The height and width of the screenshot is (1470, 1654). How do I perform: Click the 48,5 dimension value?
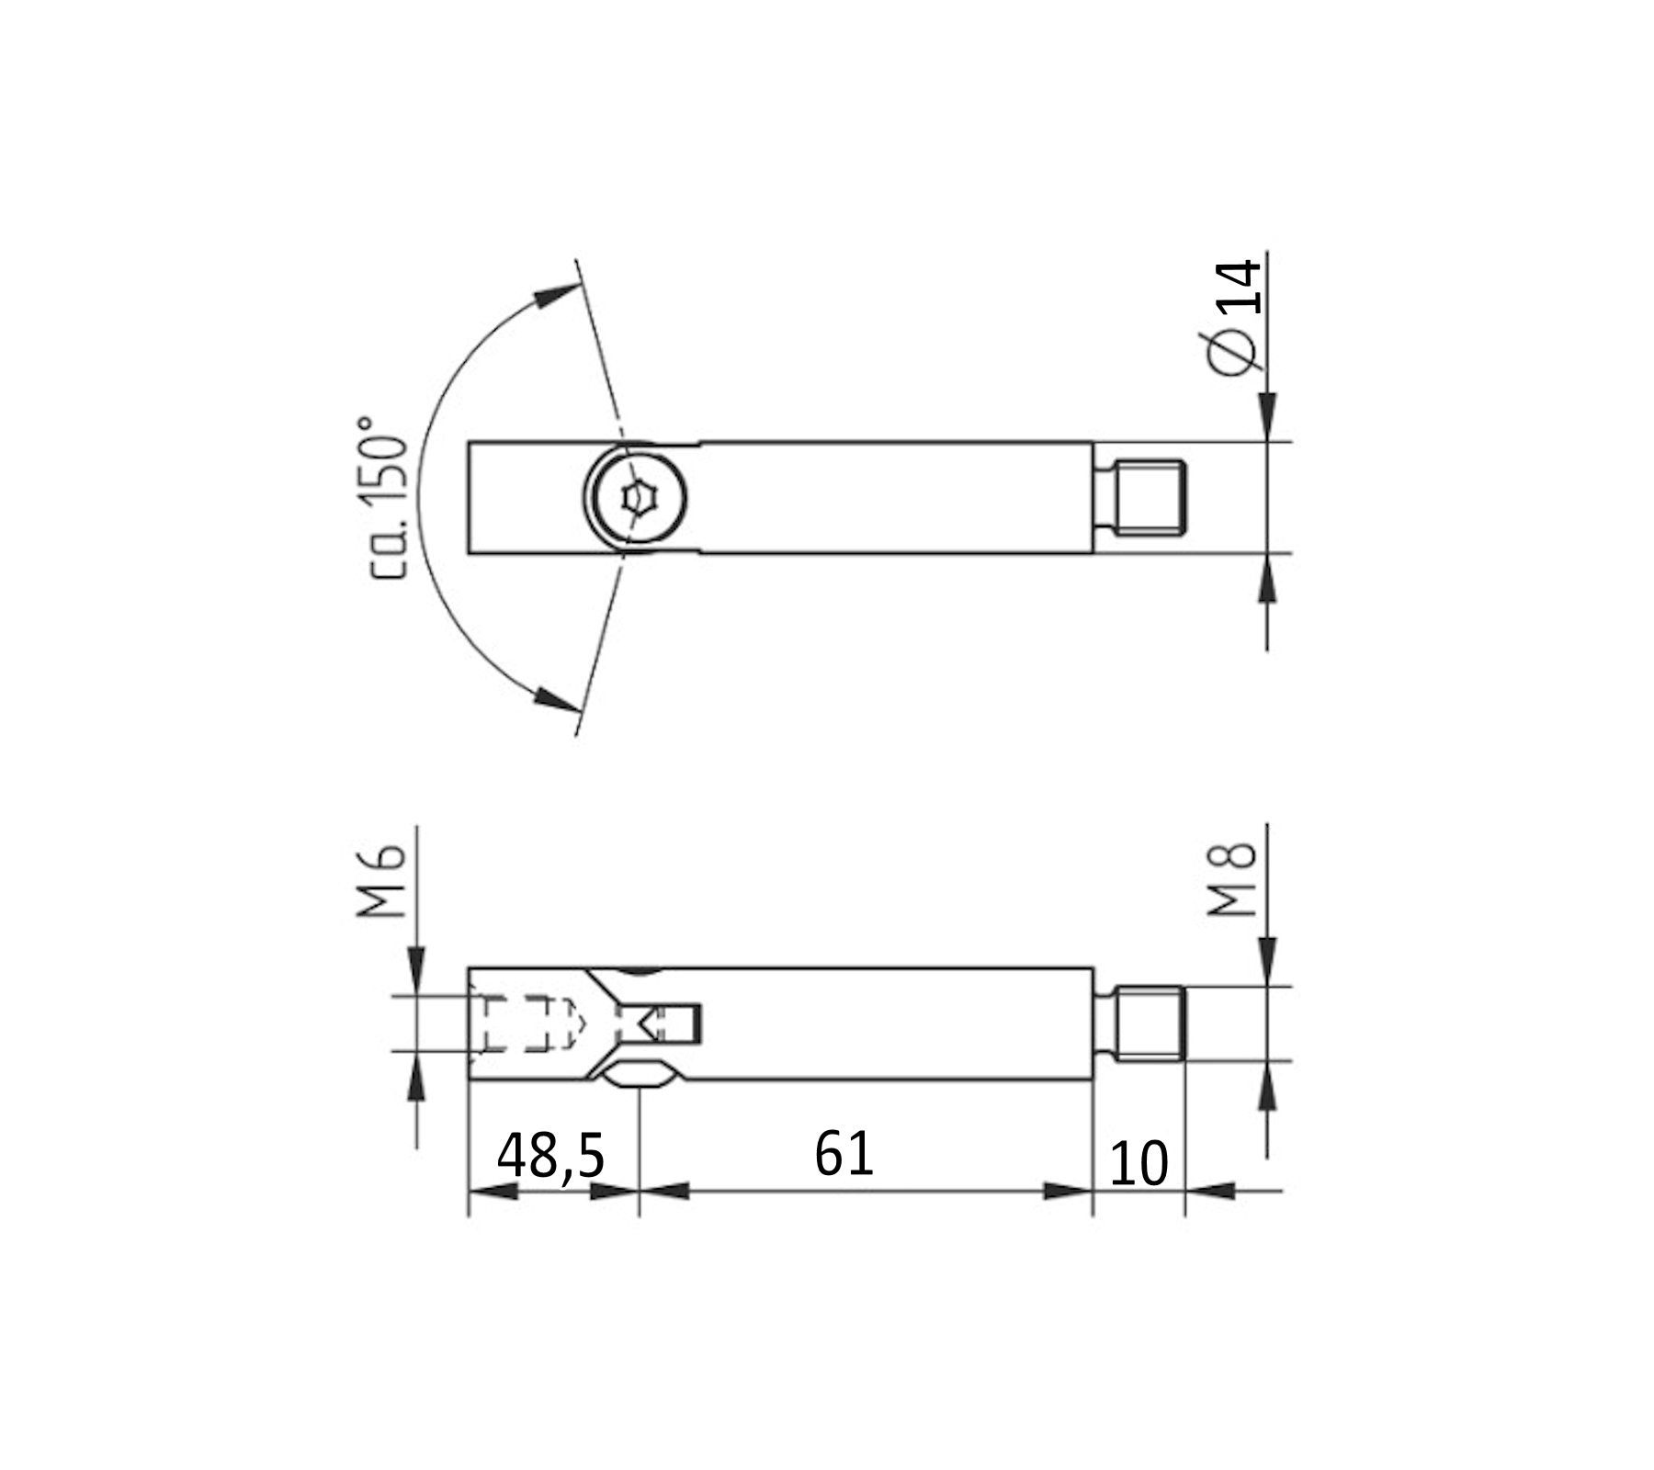pos(550,1156)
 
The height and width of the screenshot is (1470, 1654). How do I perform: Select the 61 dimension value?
pos(843,1154)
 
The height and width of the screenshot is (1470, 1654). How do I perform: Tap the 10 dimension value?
pos(1138,1164)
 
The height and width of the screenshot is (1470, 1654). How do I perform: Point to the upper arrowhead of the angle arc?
pos(555,296)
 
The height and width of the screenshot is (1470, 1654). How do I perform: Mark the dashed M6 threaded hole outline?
pos(524,1023)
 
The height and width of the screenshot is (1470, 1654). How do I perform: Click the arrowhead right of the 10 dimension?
pos(1209,1191)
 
